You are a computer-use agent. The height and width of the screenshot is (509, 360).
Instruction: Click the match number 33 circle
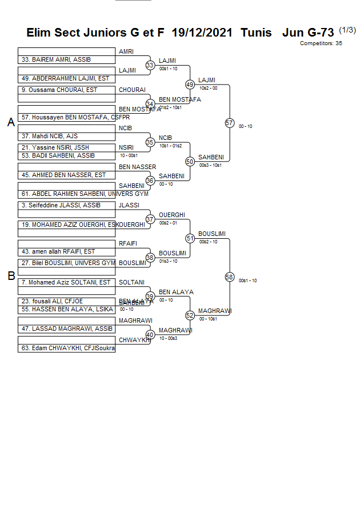pyautogui.click(x=150, y=65)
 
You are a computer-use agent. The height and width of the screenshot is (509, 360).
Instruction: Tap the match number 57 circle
pyautogui.click(x=229, y=123)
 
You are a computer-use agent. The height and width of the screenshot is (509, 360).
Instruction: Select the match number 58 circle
pyautogui.click(x=229, y=277)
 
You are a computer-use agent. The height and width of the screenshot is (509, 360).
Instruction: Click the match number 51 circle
pyautogui.click(x=190, y=238)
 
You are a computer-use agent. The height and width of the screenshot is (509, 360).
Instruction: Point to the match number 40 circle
pyautogui.click(x=150, y=335)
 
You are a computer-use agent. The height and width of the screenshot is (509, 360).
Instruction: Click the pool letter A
pyautogui.click(x=11, y=122)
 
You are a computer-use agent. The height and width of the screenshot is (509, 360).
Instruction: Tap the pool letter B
pyautogui.click(x=11, y=276)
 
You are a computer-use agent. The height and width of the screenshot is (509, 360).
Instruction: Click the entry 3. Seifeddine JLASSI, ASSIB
pyautogui.click(x=61, y=205)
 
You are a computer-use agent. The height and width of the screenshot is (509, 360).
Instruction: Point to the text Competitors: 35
pyautogui.click(x=321, y=43)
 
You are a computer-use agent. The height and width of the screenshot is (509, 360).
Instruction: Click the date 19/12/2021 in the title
pyautogui.click(x=202, y=33)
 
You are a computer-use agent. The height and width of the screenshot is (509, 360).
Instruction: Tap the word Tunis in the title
pyautogui.click(x=256, y=33)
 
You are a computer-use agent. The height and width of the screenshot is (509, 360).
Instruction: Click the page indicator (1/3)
pyautogui.click(x=347, y=30)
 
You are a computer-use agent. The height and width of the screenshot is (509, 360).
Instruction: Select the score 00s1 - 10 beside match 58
pyautogui.click(x=247, y=280)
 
